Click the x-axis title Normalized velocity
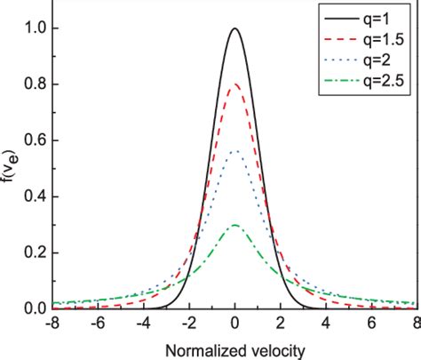coord(235,349)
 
